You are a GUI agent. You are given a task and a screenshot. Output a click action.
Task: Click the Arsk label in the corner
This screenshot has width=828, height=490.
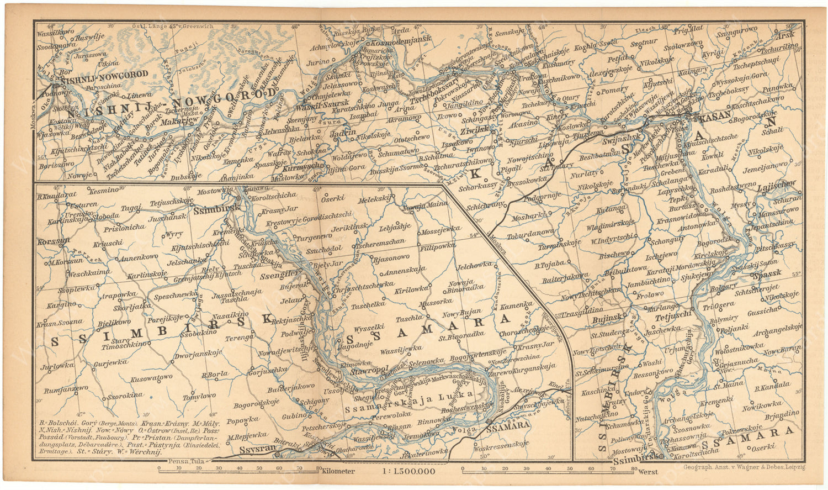pyautogui.click(x=785, y=35)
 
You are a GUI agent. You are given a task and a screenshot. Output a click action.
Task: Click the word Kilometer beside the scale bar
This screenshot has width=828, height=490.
pyautogui.click(x=336, y=471)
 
